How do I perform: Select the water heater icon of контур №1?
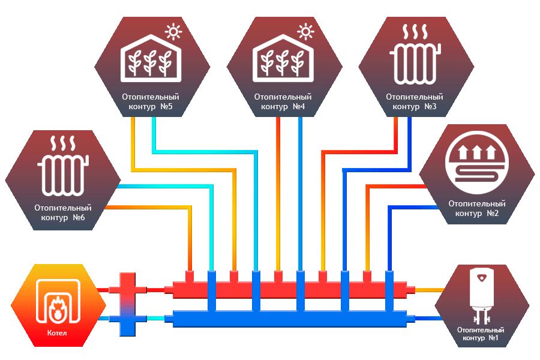coord(481,292)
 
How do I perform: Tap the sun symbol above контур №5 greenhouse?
coord(174,31)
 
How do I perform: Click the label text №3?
coord(430,107)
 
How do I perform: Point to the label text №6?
coord(79,217)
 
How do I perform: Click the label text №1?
coord(493,339)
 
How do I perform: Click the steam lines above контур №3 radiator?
coord(415,32)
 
